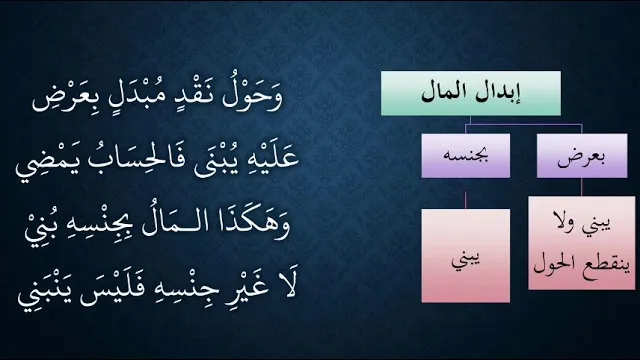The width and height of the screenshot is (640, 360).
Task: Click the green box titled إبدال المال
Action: (471, 93)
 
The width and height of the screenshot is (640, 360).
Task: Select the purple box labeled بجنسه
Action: (466, 156)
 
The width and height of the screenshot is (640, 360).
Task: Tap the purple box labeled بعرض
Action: (582, 156)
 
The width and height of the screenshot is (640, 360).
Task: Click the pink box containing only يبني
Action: (466, 256)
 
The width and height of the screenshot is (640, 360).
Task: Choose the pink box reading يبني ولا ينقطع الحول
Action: (582, 243)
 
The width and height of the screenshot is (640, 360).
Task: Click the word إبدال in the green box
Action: (499, 93)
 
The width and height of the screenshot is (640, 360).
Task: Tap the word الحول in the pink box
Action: (553, 264)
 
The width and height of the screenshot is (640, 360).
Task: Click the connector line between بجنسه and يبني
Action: (466, 200)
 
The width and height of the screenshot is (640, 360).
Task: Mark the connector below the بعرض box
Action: (582, 187)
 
